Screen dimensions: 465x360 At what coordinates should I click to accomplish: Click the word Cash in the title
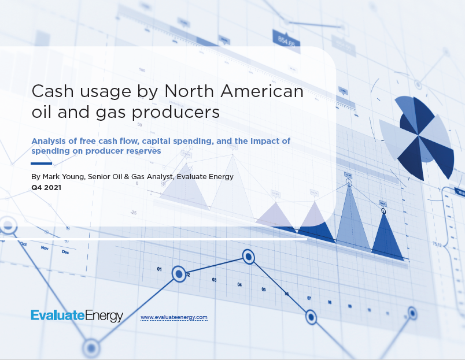[x=53, y=91]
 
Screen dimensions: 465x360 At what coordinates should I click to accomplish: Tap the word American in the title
[x=262, y=91]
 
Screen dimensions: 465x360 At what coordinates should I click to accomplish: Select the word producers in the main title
[x=175, y=113]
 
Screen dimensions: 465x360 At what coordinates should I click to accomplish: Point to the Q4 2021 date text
[x=46, y=188]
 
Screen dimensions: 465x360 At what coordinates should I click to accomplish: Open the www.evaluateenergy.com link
[x=174, y=317]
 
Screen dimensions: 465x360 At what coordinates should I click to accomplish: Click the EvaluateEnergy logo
[x=77, y=316]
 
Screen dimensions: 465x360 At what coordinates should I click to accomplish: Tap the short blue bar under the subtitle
[x=41, y=164]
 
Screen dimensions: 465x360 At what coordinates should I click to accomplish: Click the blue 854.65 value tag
[x=286, y=40]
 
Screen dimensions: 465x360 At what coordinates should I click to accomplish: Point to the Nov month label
[x=45, y=248]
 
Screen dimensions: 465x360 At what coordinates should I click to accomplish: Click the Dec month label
[x=65, y=252]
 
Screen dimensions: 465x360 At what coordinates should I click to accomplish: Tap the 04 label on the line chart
[x=239, y=285]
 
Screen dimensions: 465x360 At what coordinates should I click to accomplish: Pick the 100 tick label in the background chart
[x=142, y=70]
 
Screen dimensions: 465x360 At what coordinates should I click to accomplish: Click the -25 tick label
[x=134, y=213]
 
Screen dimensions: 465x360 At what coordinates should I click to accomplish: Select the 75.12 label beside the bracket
[x=437, y=244]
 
